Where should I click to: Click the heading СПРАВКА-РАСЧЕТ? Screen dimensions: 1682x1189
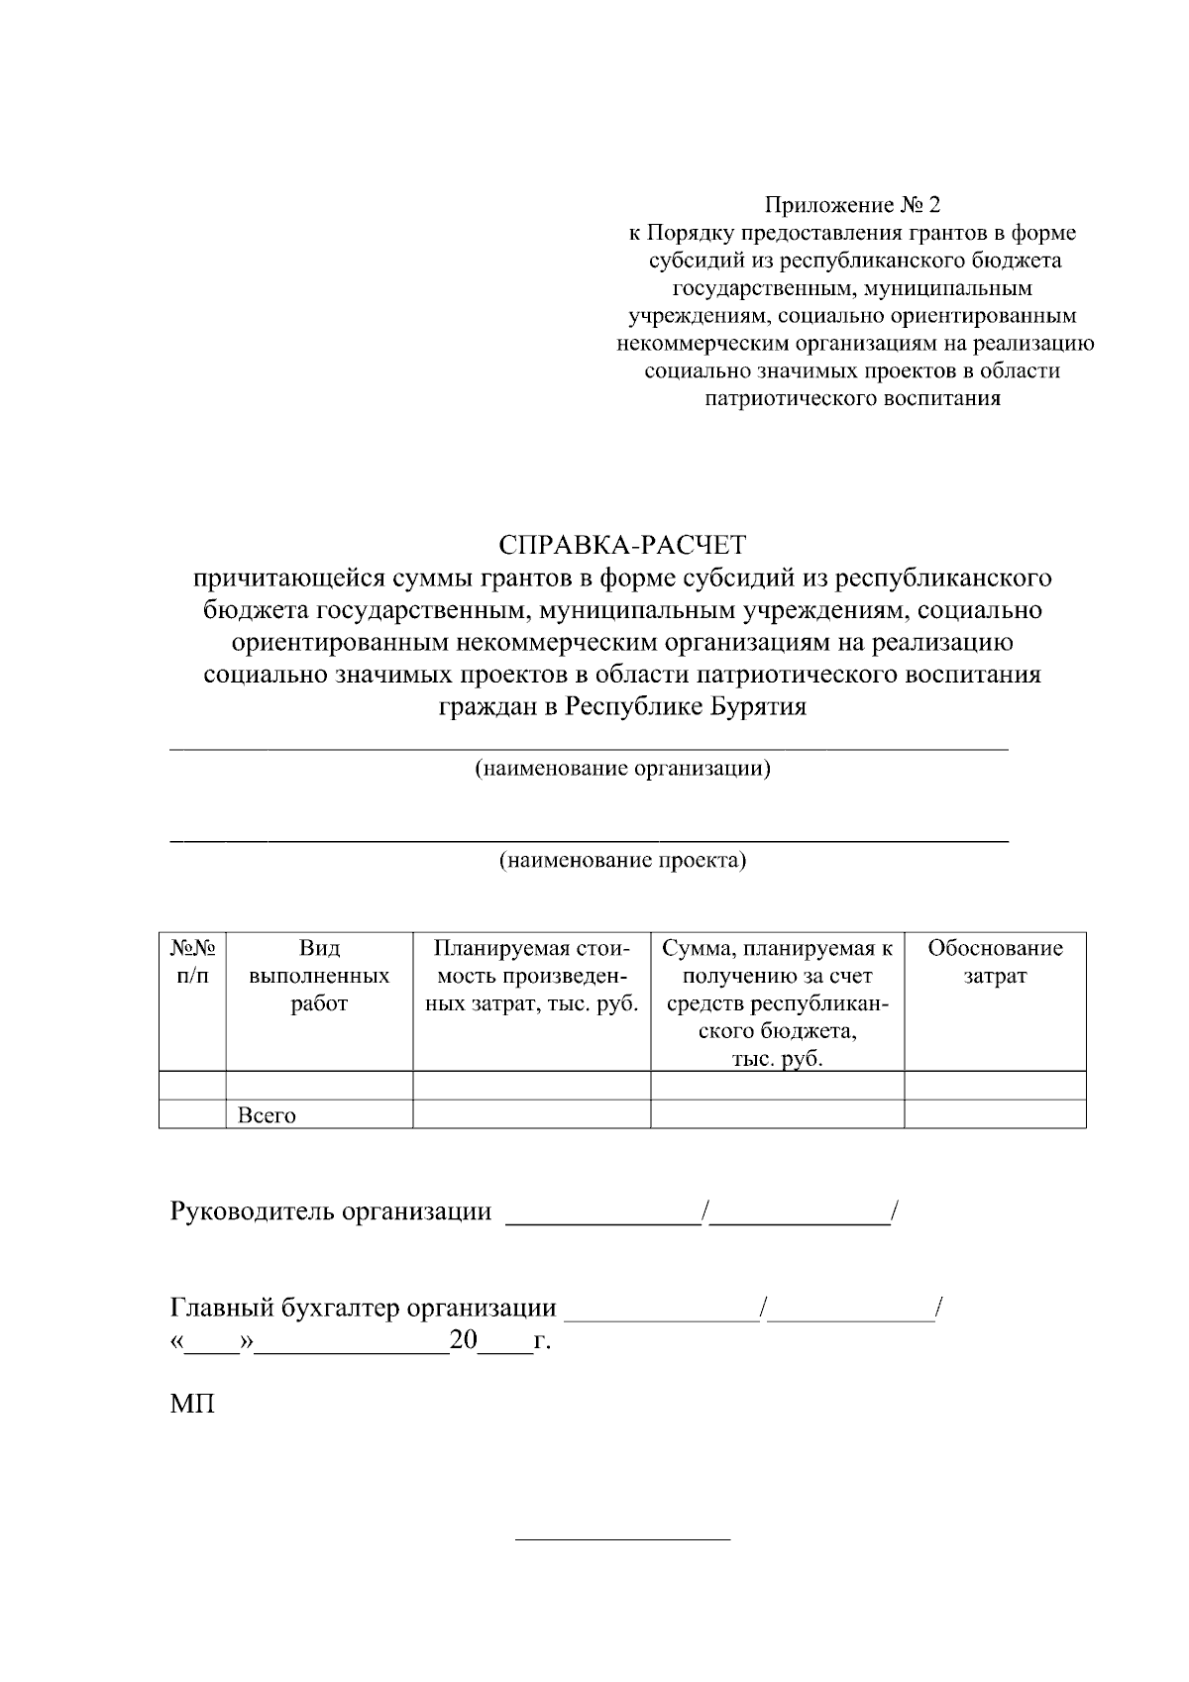[622, 544]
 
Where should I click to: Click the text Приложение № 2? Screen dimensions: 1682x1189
[851, 205]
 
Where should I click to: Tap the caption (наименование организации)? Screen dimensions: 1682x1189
[622, 769]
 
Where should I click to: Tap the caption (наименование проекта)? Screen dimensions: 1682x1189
[622, 859]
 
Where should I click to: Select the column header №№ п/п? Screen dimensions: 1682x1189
[192, 962]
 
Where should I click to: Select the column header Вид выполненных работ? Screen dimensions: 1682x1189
[319, 976]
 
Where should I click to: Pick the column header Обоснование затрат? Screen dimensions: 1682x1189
[995, 962]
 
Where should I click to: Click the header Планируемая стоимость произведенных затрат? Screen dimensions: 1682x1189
[531, 976]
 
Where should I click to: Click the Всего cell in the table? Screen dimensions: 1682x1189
[267, 1115]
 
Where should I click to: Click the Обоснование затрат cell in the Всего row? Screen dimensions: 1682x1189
[995, 1114]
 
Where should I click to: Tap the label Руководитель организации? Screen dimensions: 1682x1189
[331, 1211]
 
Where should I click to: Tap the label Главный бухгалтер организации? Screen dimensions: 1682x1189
[364, 1309]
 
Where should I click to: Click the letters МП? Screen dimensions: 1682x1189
[192, 1405]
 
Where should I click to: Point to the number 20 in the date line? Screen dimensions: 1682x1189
[463, 1342]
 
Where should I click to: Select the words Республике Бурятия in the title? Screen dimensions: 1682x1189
[686, 707]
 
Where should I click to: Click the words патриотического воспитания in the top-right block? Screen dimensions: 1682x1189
[851, 399]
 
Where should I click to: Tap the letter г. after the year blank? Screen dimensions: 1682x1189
[542, 1343]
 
